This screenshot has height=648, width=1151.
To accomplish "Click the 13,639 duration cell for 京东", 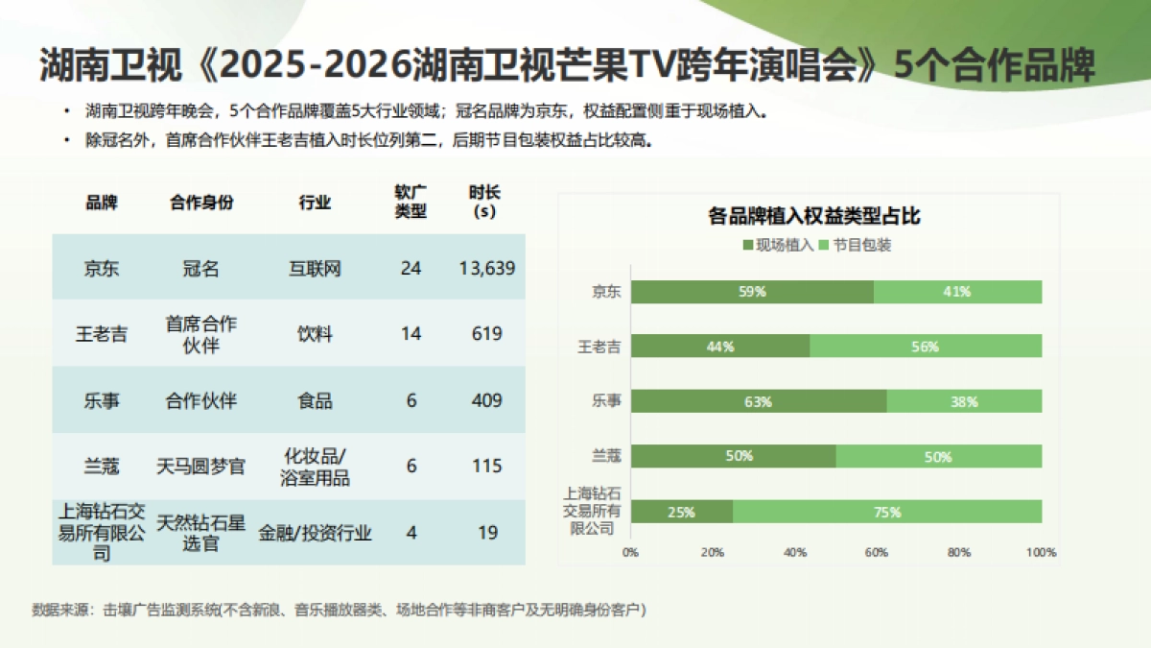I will (x=487, y=268).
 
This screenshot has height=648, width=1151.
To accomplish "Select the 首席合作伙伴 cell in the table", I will (x=200, y=334).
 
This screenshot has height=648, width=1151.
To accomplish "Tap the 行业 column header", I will (x=315, y=203).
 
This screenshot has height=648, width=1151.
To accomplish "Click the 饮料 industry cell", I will (x=315, y=334).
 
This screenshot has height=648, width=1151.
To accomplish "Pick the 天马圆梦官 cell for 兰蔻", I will (x=200, y=467).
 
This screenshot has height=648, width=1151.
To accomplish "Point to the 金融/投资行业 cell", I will (x=315, y=533).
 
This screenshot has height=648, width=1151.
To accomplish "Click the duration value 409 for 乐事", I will (x=487, y=400).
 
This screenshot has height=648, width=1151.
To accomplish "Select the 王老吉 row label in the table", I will (x=101, y=334).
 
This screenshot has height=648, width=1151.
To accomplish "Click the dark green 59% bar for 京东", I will (x=752, y=292).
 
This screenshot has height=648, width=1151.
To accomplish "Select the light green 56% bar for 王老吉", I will (x=926, y=347).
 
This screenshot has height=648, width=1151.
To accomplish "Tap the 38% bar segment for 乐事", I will (x=964, y=402).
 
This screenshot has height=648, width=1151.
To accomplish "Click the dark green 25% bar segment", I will (x=681, y=512).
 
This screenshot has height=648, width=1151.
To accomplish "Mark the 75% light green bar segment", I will (x=887, y=512).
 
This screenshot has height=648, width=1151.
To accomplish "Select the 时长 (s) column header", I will (x=484, y=202).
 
